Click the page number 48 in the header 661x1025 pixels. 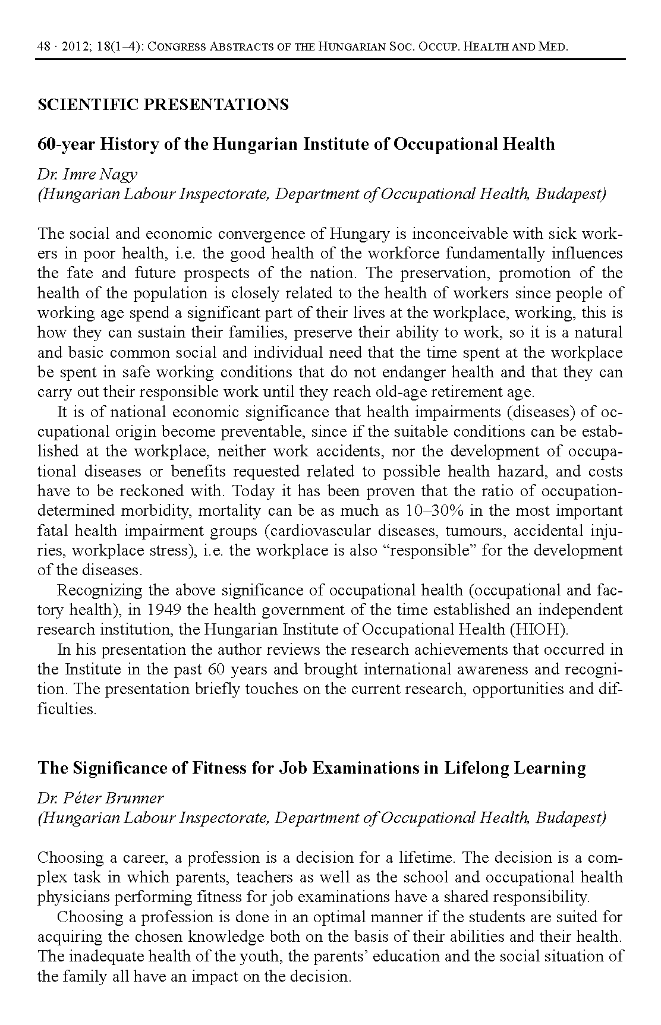(43, 46)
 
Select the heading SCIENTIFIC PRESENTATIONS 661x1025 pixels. (163, 105)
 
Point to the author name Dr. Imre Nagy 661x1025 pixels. (87, 174)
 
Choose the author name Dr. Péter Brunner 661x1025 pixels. (100, 798)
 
